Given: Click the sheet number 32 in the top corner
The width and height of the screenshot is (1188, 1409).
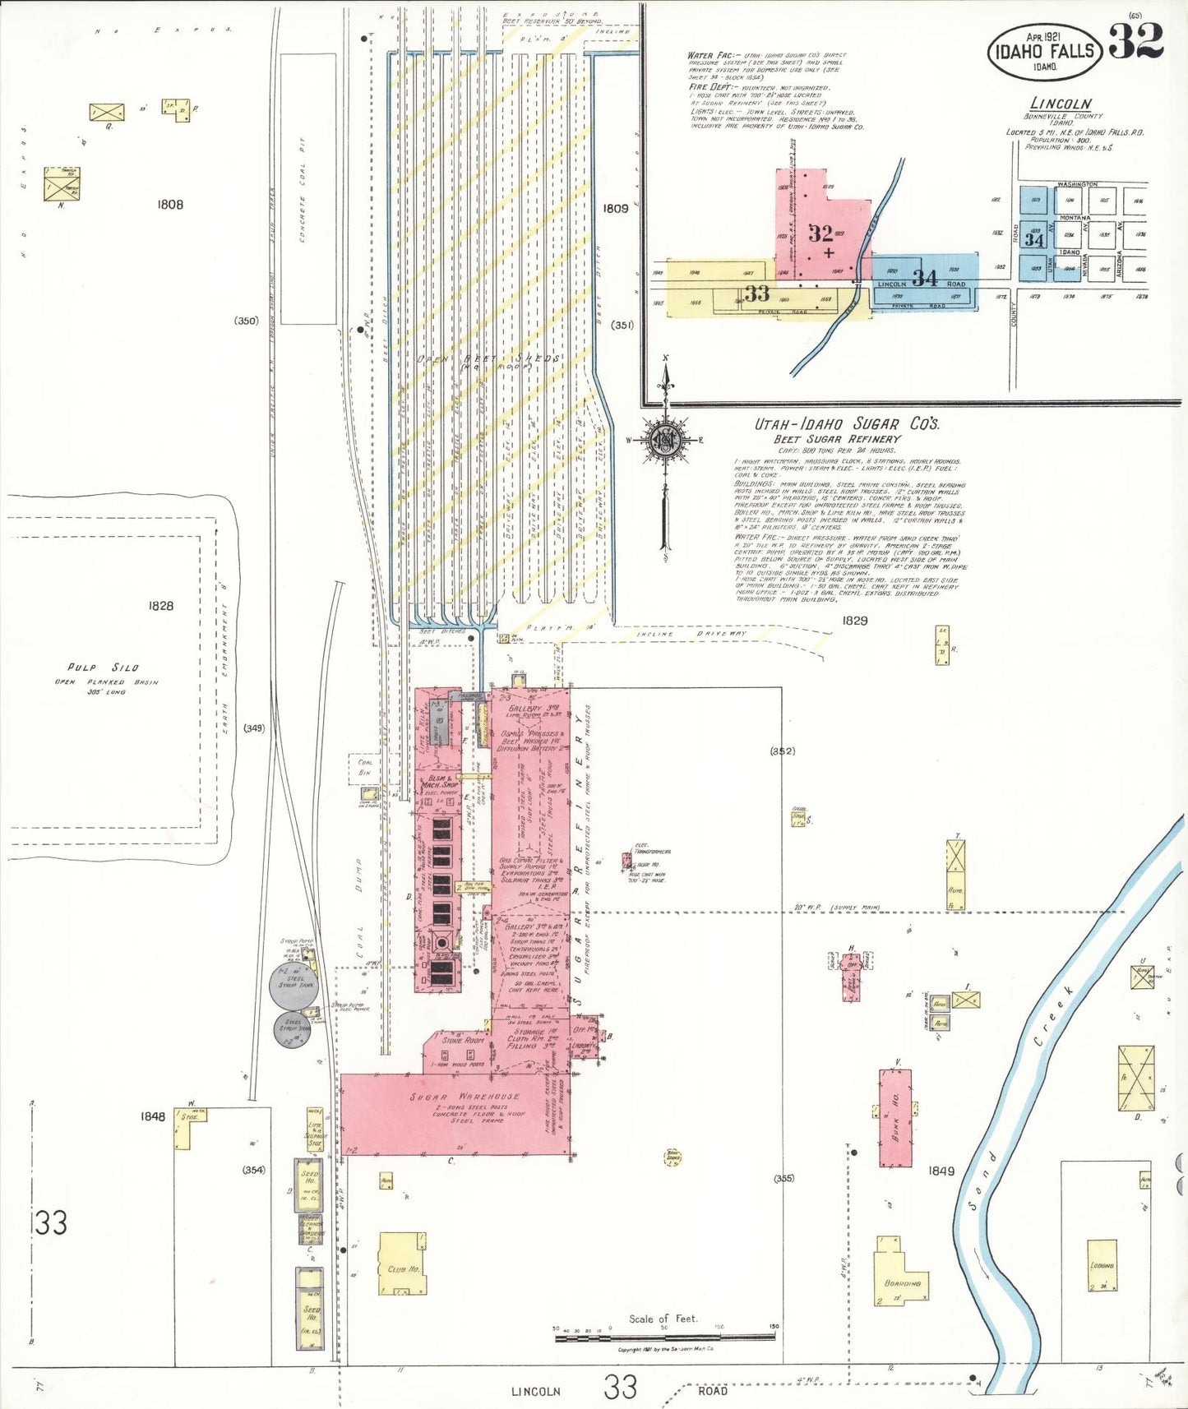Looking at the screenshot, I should click(1136, 41).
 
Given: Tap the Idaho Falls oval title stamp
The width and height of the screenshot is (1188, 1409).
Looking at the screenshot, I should click(1044, 51).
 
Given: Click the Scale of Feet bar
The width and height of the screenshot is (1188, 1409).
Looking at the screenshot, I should click(664, 1338).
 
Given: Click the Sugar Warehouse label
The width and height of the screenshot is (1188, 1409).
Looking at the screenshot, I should click(465, 1097).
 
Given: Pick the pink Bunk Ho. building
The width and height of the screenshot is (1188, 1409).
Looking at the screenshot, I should click(894, 1118).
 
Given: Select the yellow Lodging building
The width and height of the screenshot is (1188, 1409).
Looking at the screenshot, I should click(1102, 1266).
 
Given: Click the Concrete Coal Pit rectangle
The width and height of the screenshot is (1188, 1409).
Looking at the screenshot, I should click(308, 189).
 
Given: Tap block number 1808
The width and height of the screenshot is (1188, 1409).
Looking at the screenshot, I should click(170, 205).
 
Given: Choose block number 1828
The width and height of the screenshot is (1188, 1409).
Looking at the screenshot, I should click(161, 606).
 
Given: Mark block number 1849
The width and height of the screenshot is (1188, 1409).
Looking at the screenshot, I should click(941, 1171).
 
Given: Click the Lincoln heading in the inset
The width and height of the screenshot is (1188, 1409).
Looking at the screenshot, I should click(1061, 104).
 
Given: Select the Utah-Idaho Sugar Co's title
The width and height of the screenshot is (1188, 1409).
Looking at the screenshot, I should click(847, 424).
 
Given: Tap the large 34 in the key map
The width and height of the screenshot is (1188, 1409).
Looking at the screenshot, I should click(925, 278).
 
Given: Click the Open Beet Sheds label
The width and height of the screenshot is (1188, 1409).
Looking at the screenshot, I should click(488, 359).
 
